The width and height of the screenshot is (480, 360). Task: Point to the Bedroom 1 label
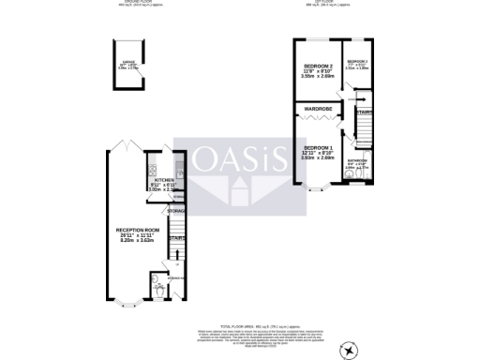[319, 147]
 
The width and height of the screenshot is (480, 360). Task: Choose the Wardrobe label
[319, 110]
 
